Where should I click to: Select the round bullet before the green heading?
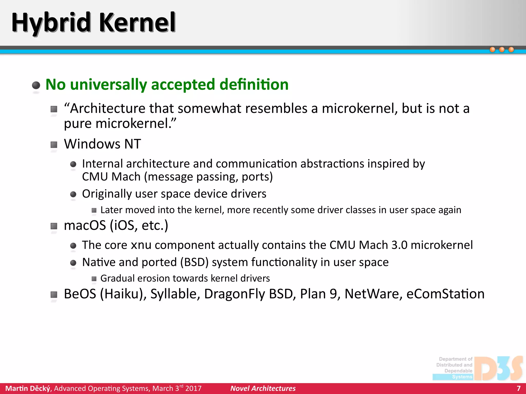[36, 85]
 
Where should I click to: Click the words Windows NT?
[102, 144]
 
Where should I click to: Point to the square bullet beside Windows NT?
[54, 145]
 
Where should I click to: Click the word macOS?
[85, 225]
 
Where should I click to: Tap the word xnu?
[141, 245]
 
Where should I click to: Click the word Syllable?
[175, 294]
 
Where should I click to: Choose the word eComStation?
[445, 294]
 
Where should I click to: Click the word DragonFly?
[234, 294]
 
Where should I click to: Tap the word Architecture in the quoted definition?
[107, 109]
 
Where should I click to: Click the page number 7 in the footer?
[519, 388]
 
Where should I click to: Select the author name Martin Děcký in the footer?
[28, 388]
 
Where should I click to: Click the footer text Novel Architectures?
[263, 388]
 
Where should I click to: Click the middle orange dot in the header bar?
[502, 50]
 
